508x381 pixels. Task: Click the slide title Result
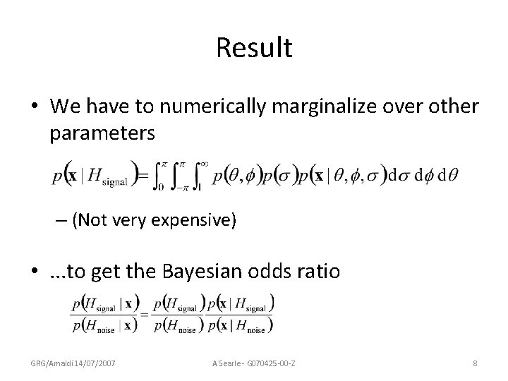(254, 48)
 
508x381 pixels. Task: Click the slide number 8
(476, 363)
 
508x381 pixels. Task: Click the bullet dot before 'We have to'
(36, 107)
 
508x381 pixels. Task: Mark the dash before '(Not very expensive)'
(61, 221)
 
